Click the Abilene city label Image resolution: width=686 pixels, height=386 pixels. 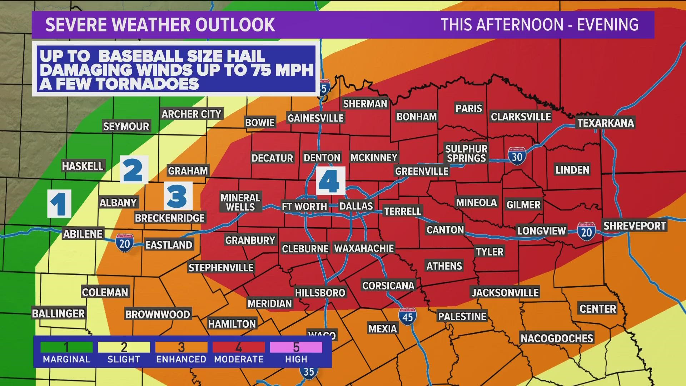click(x=83, y=234)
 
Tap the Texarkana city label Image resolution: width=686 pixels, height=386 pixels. click(x=606, y=123)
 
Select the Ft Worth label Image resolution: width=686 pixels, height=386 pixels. click(x=304, y=206)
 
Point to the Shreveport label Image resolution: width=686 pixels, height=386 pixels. click(x=635, y=226)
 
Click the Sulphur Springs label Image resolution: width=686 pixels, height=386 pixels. click(x=466, y=153)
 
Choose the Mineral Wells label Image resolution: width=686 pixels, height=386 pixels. click(x=240, y=202)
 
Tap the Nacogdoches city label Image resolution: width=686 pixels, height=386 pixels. click(x=557, y=338)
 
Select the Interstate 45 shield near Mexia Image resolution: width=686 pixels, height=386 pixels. click(x=407, y=316)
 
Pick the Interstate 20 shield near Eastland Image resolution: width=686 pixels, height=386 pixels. click(x=124, y=243)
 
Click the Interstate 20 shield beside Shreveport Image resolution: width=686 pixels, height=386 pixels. click(x=586, y=231)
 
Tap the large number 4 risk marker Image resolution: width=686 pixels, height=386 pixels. click(x=330, y=180)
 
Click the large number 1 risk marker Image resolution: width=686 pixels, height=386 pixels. click(x=59, y=203)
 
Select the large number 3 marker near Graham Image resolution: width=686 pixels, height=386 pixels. click(x=178, y=196)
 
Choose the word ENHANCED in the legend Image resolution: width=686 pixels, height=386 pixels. click(x=181, y=359)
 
